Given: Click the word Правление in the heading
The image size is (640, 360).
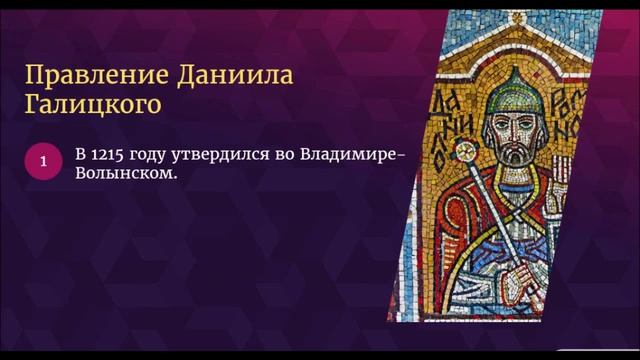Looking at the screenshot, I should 79,75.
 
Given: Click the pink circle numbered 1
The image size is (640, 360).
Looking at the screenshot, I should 43,161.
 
